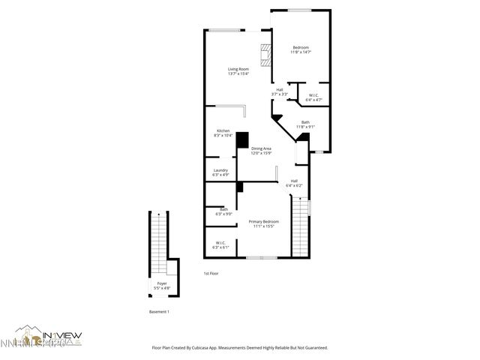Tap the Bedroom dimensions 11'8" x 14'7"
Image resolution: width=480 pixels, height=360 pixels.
tap(300, 52)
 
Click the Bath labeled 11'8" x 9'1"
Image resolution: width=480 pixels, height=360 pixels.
tap(305, 124)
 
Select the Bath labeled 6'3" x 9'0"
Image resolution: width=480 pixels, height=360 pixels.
tap(214, 211)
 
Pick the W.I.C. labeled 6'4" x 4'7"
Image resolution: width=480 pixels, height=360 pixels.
tap(313, 97)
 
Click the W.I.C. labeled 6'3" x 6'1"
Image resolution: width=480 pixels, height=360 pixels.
tap(220, 244)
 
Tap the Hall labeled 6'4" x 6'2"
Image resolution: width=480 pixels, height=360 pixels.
tap(294, 182)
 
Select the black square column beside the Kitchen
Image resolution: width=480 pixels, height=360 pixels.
tap(242, 140)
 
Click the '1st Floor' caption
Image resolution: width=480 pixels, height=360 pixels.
tap(211, 274)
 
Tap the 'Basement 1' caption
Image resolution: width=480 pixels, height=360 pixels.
tap(158, 311)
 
